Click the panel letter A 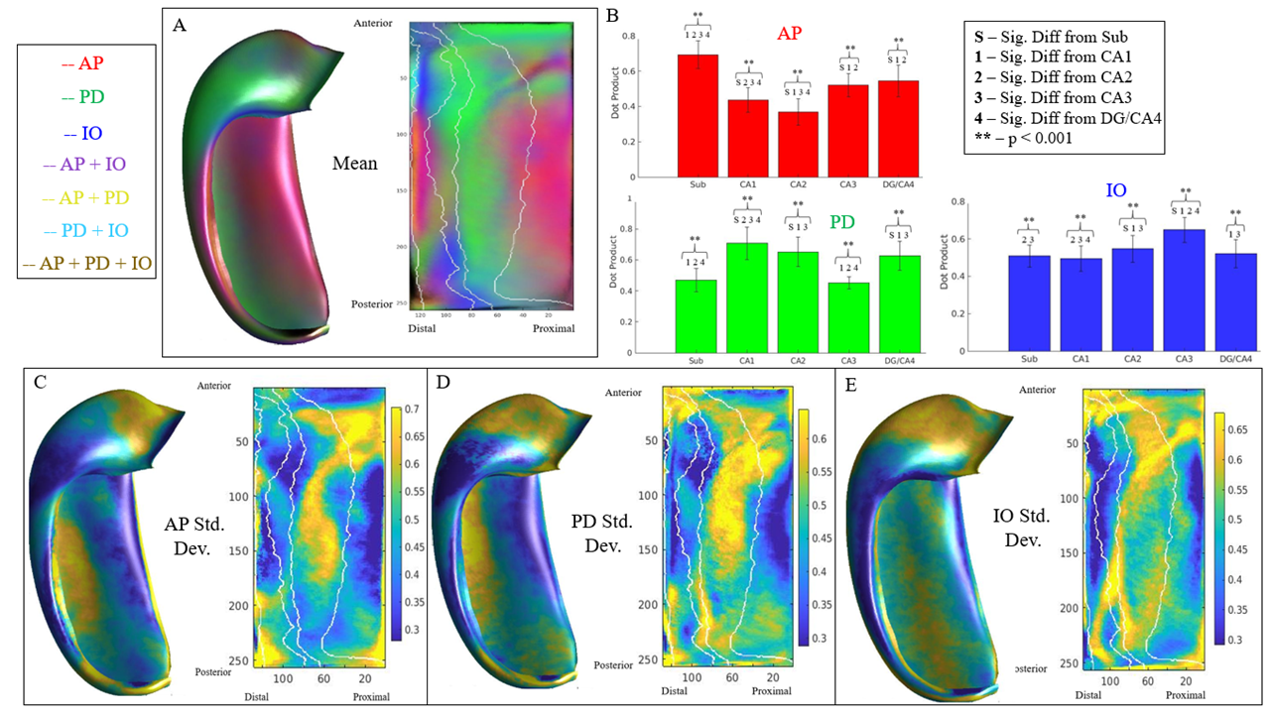click(x=180, y=27)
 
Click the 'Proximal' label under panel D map click(x=771, y=691)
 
